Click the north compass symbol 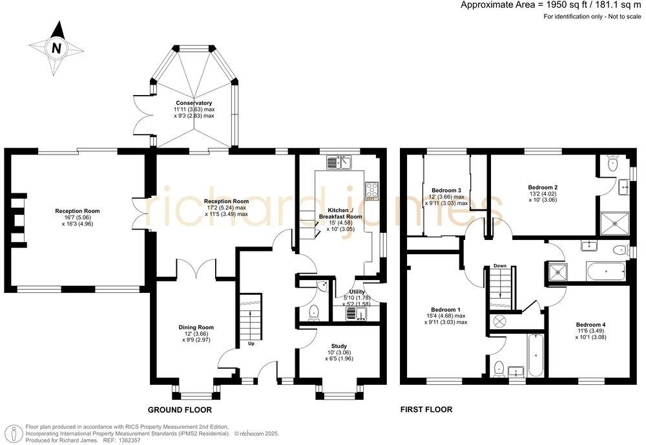[x=57, y=47]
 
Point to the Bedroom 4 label [x=591, y=324]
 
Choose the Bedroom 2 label [x=543, y=187]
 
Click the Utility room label [x=357, y=292]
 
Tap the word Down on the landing [x=499, y=266]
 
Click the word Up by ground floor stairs [x=251, y=343]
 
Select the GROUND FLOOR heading [x=180, y=410]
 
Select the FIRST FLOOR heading [x=426, y=409]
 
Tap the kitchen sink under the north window [x=338, y=163]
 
